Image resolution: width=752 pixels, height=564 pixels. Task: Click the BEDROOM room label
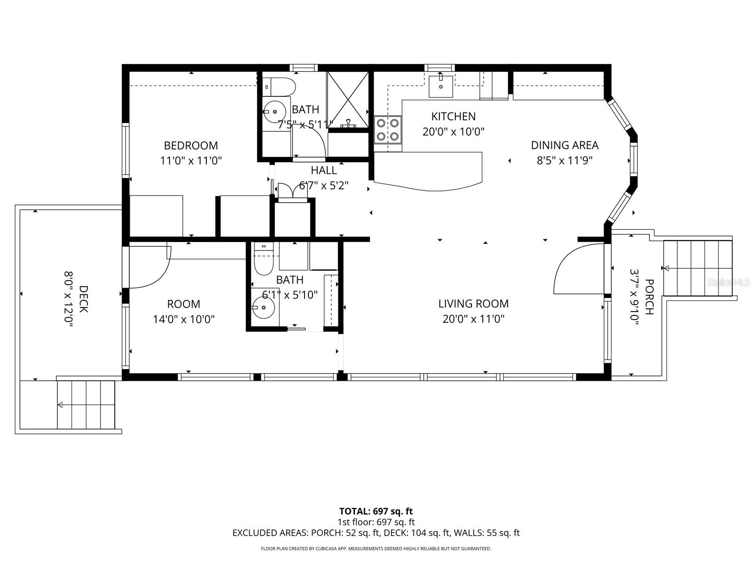191,145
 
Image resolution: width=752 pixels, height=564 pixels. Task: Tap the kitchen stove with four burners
388,130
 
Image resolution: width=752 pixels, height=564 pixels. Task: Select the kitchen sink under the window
440,86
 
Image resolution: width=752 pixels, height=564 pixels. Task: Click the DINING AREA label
564,145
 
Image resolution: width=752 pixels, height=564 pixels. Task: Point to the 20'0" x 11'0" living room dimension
473,319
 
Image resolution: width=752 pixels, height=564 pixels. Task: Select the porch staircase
697,268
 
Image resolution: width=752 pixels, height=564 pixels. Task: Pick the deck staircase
86,405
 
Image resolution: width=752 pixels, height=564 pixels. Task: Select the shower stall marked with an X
347,99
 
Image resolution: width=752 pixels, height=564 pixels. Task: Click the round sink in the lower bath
263,308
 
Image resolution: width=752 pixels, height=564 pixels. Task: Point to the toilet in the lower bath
263,262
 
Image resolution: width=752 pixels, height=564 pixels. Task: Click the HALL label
323,170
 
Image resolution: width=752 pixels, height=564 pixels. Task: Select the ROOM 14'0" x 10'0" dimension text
184,319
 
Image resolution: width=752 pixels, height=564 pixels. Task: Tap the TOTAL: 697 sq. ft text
376,511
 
